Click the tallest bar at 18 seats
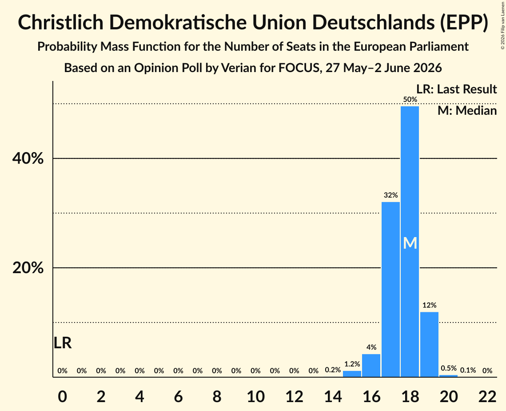pyautogui.click(x=410, y=242)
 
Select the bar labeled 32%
pyautogui.click(x=390, y=289)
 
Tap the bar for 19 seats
pyautogui.click(x=429, y=344)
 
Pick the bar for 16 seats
pyautogui.click(x=371, y=366)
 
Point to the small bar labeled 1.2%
pyautogui.click(x=352, y=374)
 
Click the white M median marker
pyautogui.click(x=410, y=243)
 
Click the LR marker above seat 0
pyautogui.click(x=63, y=343)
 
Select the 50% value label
pyautogui.click(x=410, y=100)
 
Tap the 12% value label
pyautogui.click(x=430, y=305)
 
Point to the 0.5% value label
pyautogui.click(x=449, y=368)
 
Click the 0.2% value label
pyautogui.click(x=333, y=370)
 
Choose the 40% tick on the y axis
pyautogui.click(x=28, y=158)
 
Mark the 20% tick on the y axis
pyautogui.click(x=28, y=268)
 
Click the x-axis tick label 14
pyautogui.click(x=333, y=396)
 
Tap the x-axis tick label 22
pyautogui.click(x=487, y=396)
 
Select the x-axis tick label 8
pyautogui.click(x=217, y=396)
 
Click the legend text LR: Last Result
pyautogui.click(x=457, y=89)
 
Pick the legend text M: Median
pyautogui.click(x=467, y=111)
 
